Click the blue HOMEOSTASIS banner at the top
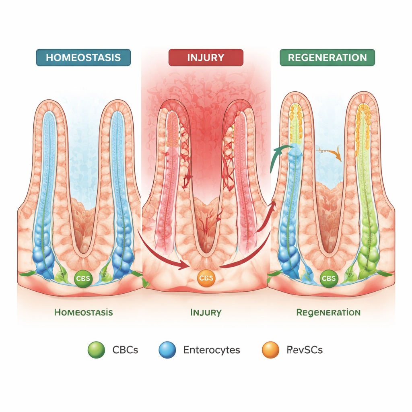pyautogui.click(x=83, y=57)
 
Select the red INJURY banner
pyautogui.click(x=206, y=57)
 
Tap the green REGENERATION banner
pyautogui.click(x=327, y=57)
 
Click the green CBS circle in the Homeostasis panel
pyautogui.click(x=83, y=278)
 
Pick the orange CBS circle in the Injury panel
pyautogui.click(x=206, y=278)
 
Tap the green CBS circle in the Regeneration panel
pyautogui.click(x=329, y=278)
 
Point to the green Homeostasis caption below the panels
pyautogui.click(x=83, y=312)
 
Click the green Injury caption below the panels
pyautogui.click(x=206, y=312)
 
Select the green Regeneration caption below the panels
pyautogui.click(x=328, y=312)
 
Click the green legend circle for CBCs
pyautogui.click(x=96, y=350)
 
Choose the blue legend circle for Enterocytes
pyautogui.click(x=167, y=350)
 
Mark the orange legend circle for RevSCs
pyautogui.click(x=270, y=350)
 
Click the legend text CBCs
pyautogui.click(x=125, y=350)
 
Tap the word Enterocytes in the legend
pyautogui.click(x=212, y=350)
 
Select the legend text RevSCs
pyautogui.click(x=305, y=350)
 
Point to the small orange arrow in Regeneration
pyautogui.click(x=332, y=153)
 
